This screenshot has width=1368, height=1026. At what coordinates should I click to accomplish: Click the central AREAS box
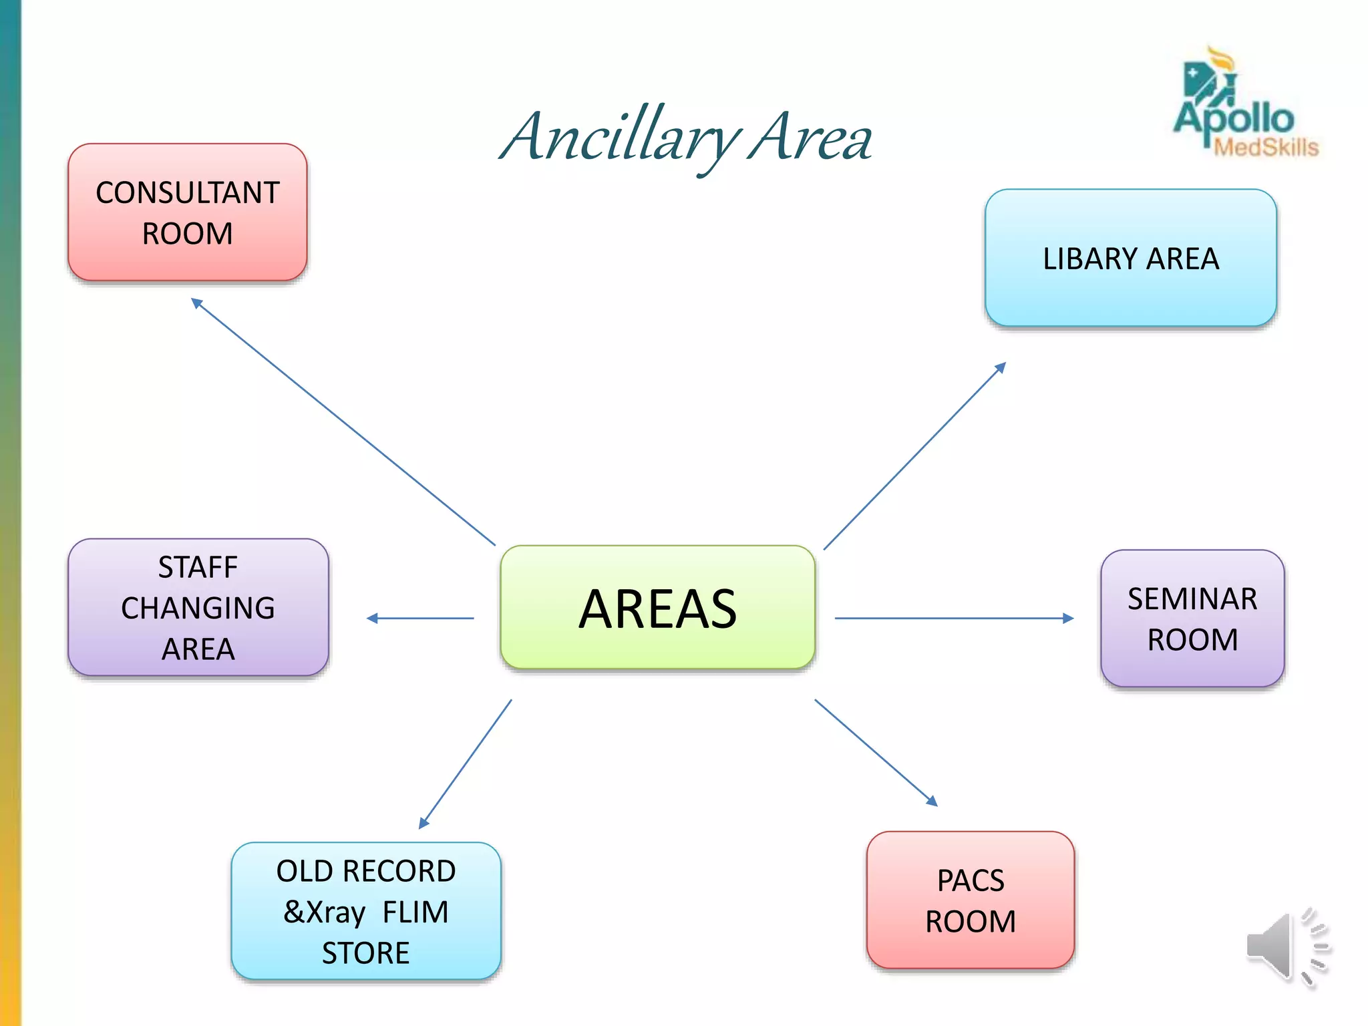point(657,607)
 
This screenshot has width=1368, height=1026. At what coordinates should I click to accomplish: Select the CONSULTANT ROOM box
point(188,212)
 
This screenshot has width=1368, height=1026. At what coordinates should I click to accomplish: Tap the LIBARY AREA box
point(1130,259)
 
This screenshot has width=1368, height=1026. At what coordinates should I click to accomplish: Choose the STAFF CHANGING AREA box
point(198,607)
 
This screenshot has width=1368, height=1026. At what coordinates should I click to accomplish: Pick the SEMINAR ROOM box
point(1192,619)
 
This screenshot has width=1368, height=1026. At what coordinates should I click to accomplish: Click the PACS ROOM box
point(970,900)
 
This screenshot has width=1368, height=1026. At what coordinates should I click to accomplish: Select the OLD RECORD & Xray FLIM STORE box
point(366,911)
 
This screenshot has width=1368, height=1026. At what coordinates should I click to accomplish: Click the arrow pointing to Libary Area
point(914,456)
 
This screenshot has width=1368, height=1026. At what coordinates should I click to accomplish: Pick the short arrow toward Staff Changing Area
point(420,619)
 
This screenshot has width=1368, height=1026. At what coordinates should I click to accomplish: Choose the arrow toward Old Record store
point(466,764)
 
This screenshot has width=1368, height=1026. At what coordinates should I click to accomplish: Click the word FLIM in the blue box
point(415,912)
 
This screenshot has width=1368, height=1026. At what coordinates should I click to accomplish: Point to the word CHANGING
point(198,608)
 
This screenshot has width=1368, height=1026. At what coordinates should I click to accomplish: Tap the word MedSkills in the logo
point(1266,147)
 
